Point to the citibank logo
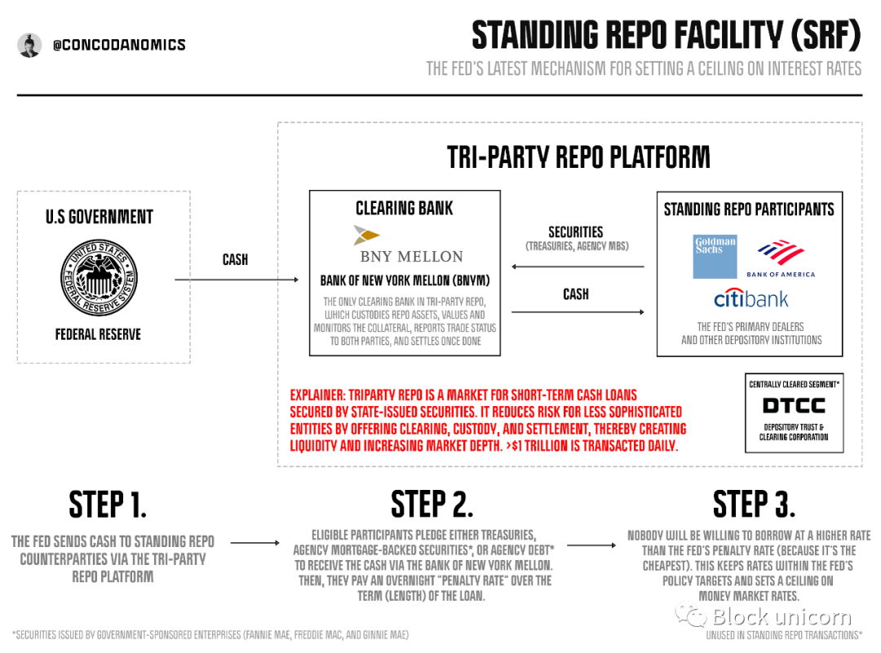tap(751, 298)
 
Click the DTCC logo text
tap(794, 405)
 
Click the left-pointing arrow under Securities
tap(577, 267)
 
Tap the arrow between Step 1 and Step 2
tap(255, 543)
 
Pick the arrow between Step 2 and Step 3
tap(591, 545)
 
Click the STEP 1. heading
tap(108, 505)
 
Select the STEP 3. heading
tap(754, 505)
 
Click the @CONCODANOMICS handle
tap(119, 45)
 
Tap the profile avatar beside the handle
tap(29, 45)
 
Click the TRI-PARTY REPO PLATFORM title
tap(578, 157)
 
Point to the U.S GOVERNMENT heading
tap(100, 217)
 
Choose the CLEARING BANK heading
tap(405, 208)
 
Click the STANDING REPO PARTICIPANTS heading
tap(749, 209)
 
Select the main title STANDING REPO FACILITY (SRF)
tap(666, 35)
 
